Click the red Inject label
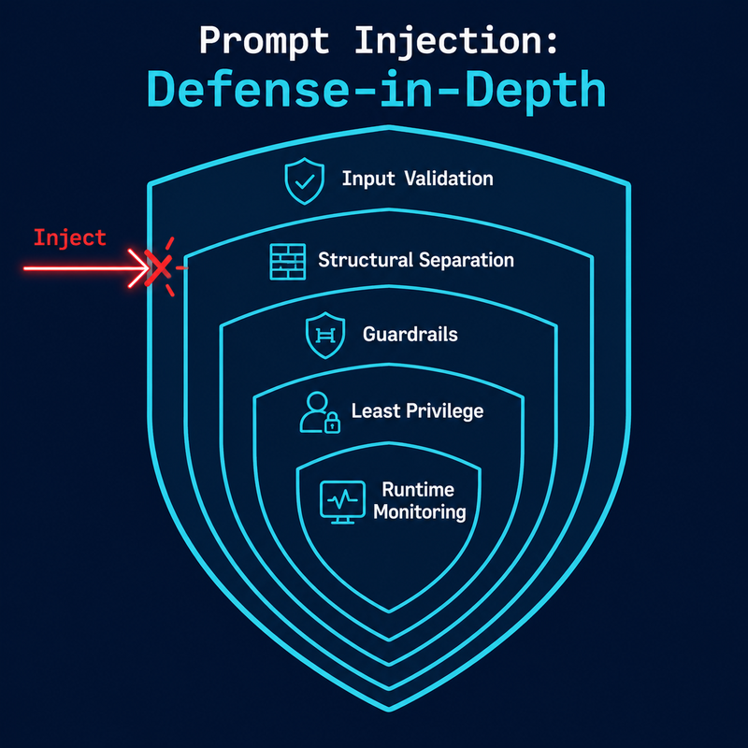pyautogui.click(x=70, y=237)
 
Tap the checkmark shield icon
pyautogui.click(x=303, y=180)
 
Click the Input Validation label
pyautogui.click(x=417, y=179)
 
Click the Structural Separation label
pyautogui.click(x=416, y=260)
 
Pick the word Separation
pyautogui.click(x=466, y=260)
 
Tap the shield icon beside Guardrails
pyautogui.click(x=321, y=335)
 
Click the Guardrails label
pyautogui.click(x=410, y=333)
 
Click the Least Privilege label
pyautogui.click(x=418, y=410)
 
